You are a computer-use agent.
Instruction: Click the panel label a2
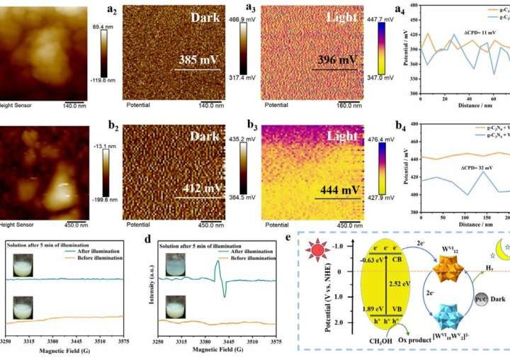[x=111, y=10]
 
